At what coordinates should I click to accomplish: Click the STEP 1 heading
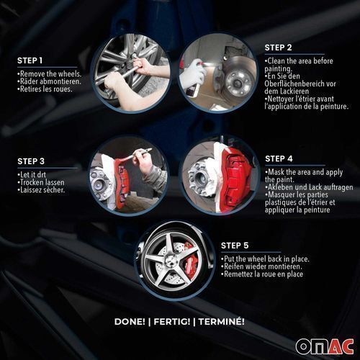(30, 60)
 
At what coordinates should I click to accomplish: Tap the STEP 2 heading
(278, 48)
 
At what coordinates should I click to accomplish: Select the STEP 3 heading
(31, 161)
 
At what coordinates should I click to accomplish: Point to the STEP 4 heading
(279, 158)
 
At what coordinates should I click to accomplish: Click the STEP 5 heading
(235, 246)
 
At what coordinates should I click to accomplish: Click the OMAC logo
(325, 346)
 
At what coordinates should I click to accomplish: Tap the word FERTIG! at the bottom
(172, 322)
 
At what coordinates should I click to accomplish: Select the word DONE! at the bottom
(130, 322)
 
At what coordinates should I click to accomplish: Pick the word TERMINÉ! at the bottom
(222, 322)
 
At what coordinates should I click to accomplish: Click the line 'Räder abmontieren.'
(49, 81)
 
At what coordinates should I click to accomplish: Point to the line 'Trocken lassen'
(41, 182)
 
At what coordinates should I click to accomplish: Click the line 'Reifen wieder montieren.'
(261, 266)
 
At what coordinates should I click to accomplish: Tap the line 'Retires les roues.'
(45, 89)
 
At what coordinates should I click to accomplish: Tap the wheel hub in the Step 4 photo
(199, 177)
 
